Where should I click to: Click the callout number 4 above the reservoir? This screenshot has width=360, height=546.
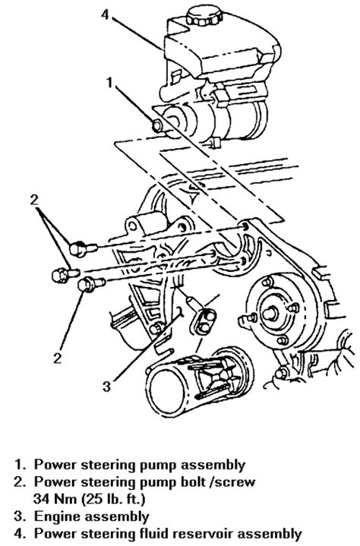pos(106,14)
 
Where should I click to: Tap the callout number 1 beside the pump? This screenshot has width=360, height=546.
pos(110,83)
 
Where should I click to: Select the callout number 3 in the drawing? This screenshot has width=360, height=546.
pos(107,387)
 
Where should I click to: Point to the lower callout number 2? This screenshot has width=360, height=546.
pos(58,358)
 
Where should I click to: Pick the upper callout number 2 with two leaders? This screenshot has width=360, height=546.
pos(33,200)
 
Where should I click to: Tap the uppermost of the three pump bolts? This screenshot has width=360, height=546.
pos(83,248)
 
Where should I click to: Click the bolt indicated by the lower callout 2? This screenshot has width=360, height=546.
pos(91,284)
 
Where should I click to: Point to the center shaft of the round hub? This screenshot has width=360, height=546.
pos(270,314)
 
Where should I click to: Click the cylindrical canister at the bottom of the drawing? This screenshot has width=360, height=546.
pos(200,382)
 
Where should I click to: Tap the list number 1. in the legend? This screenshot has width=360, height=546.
pos(21,465)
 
